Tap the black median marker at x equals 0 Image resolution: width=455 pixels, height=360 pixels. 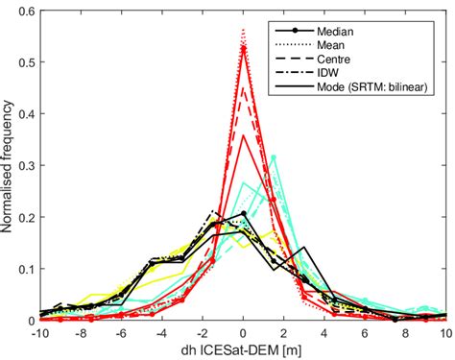[x=244, y=213]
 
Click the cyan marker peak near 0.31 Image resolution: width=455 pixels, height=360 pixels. [x=274, y=157]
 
